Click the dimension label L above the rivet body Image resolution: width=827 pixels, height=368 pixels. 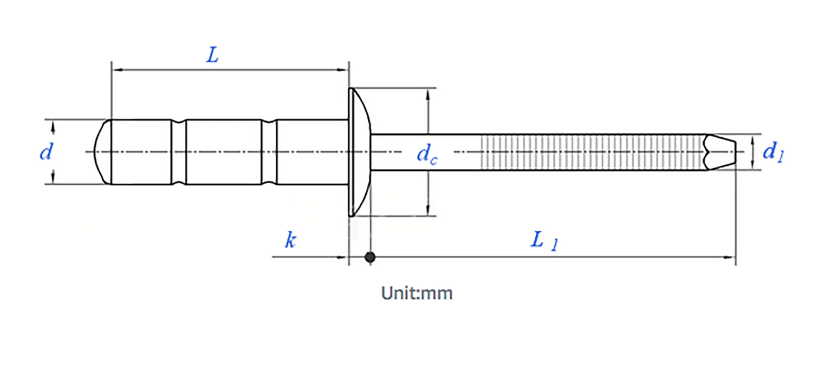pyautogui.click(x=213, y=56)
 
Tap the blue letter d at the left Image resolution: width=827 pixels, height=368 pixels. pyautogui.click(x=46, y=152)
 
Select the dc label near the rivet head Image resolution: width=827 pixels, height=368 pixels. pyautogui.click(x=426, y=154)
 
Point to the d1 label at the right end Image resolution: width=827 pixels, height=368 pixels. pyautogui.click(x=773, y=152)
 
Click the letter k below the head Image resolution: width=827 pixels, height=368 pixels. pyautogui.click(x=291, y=240)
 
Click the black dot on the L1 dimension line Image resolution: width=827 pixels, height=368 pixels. pyautogui.click(x=370, y=257)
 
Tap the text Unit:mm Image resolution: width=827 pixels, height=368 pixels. pyautogui.click(x=417, y=294)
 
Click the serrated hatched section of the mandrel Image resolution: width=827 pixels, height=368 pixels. pyautogui.click(x=590, y=152)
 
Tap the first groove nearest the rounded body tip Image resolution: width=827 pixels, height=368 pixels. pyautogui.click(x=179, y=152)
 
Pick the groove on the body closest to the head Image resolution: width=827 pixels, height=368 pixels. pyautogui.click(x=269, y=152)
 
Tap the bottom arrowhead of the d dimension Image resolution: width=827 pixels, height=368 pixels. pyautogui.click(x=53, y=178)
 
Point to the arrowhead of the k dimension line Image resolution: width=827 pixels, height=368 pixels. pyautogui.click(x=343, y=257)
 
